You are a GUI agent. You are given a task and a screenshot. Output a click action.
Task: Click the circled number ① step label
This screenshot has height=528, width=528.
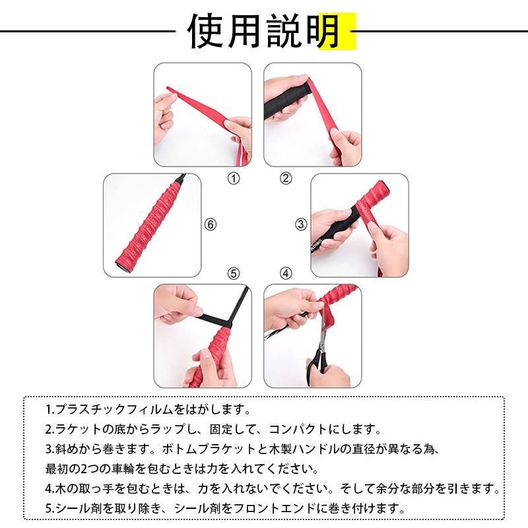point(234,178)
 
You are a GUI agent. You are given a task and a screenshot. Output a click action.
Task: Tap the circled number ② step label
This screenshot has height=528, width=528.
point(286,178)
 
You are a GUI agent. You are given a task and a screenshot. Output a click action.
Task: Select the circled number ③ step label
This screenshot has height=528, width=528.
point(301,224)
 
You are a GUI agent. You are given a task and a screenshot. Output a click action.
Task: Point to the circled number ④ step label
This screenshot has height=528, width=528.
point(286,273)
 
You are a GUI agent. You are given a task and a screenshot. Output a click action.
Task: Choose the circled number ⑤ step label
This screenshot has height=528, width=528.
point(234,273)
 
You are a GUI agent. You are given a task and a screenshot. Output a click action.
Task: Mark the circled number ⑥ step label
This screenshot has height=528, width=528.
point(211,224)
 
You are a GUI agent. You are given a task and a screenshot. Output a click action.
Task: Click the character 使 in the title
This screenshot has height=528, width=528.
point(206,31)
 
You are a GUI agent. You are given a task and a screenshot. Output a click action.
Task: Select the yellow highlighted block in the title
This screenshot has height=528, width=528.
point(337,31)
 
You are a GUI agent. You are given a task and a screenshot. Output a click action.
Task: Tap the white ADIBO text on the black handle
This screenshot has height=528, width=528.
point(317,245)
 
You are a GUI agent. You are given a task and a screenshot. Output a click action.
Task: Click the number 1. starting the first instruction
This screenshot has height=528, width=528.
point(50,409)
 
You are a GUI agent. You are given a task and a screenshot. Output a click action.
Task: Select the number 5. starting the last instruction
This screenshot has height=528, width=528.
point(50,508)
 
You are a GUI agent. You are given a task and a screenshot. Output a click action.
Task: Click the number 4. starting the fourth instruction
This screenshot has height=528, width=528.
point(50,488)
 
